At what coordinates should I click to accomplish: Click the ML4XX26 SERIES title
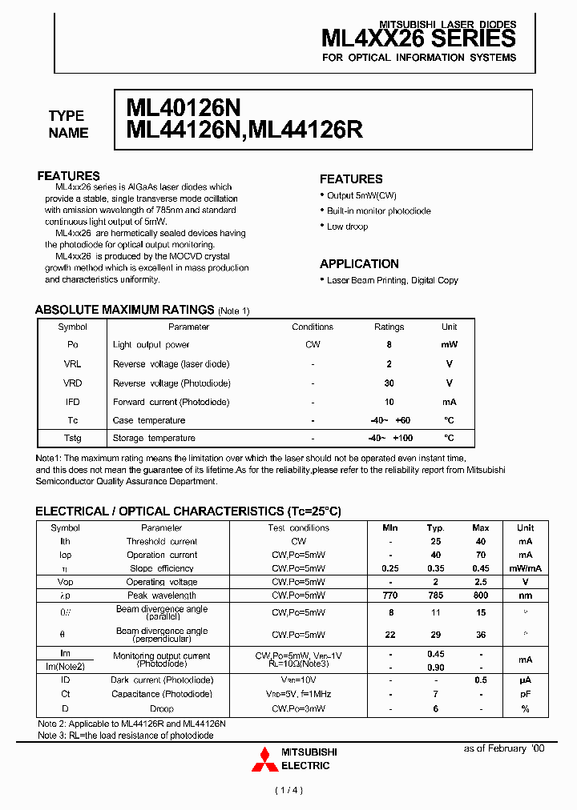pos(418,39)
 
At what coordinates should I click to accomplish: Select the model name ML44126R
pos(307,130)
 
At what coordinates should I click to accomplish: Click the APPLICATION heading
pos(359,263)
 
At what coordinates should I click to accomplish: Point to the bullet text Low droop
pos(347,227)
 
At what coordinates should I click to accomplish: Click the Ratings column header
pos(389,327)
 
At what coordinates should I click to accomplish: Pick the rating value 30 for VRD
pos(389,383)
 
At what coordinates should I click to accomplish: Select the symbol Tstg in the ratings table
pos(73,438)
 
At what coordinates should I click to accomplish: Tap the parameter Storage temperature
pos(154,438)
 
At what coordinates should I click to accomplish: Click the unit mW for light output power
pos(450,345)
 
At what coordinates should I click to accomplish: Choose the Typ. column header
pos(436,528)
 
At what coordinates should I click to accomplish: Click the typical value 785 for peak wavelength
pos(436,595)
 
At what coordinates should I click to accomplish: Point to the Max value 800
pos(481,595)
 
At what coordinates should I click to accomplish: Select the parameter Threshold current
pos(162,542)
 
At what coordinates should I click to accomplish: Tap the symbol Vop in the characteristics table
pos(66,582)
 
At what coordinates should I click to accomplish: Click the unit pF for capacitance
pos(526,695)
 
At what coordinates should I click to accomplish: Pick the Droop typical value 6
pos(436,708)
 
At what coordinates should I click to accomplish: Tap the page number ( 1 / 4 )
pos(288,791)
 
